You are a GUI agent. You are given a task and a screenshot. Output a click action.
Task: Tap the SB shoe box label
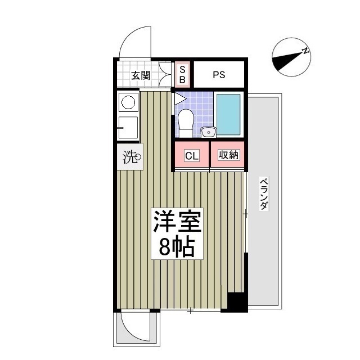click(182, 74)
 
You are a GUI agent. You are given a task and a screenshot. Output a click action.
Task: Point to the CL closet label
click(191, 156)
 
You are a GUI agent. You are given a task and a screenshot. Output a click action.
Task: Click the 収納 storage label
click(227, 156)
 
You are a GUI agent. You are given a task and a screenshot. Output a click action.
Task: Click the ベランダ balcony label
click(263, 194)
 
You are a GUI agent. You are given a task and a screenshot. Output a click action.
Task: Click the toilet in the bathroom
click(185, 120)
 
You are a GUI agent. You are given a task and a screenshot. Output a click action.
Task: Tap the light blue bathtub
click(228, 114)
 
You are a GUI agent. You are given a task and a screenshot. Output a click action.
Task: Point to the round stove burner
click(129, 102)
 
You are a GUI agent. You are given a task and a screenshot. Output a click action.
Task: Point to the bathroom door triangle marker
click(179, 99)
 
